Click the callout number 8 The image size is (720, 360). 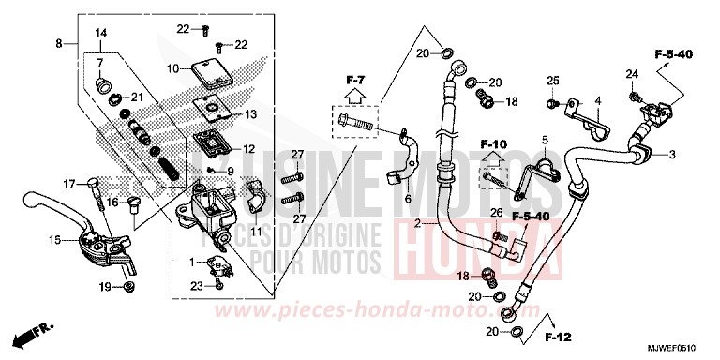coord(59,44)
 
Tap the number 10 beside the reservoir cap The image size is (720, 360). coord(172,68)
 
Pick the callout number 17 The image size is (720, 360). coord(67,183)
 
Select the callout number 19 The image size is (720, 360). coord(105,286)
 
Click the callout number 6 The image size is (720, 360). coord(407,199)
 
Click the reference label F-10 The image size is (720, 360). coord(493,145)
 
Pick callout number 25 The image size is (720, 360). coord(553,81)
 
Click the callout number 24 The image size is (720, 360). coord(632,74)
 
